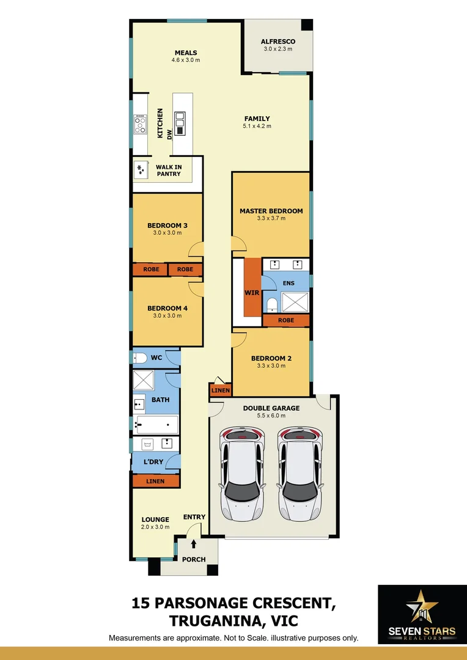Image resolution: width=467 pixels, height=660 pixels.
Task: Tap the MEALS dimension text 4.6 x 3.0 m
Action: [x=185, y=61]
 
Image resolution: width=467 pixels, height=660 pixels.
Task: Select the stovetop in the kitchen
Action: [x=141, y=124]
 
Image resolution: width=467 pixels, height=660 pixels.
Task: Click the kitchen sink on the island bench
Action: [x=180, y=123]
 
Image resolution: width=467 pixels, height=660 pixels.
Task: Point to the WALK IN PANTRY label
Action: [x=168, y=170]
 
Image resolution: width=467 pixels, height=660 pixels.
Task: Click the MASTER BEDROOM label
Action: [x=271, y=211]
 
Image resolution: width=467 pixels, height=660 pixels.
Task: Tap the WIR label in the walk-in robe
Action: [x=252, y=293]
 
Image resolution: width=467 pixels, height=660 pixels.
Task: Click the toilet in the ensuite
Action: [x=271, y=305]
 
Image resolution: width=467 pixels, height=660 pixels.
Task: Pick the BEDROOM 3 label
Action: [x=167, y=226]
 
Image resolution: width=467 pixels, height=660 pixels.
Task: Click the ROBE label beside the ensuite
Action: [x=285, y=320]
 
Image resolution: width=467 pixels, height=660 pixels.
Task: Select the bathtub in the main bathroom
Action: [x=156, y=424]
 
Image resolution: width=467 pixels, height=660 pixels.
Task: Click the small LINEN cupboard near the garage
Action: [x=220, y=391]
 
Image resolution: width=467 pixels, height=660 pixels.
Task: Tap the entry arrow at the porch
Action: [x=194, y=543]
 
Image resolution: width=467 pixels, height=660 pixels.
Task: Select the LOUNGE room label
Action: [x=155, y=519]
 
